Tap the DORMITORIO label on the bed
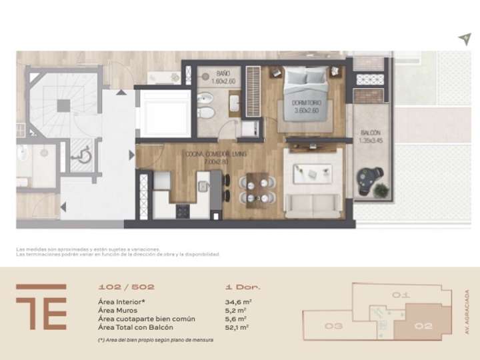pyautogui.click(x=305, y=107)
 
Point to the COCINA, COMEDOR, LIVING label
pyautogui.click(x=216, y=157)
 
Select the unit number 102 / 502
pyautogui.click(x=126, y=287)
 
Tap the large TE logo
pyautogui.click(x=41, y=307)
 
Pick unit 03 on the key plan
pyautogui.click(x=334, y=326)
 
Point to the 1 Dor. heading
pyautogui.click(x=243, y=287)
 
